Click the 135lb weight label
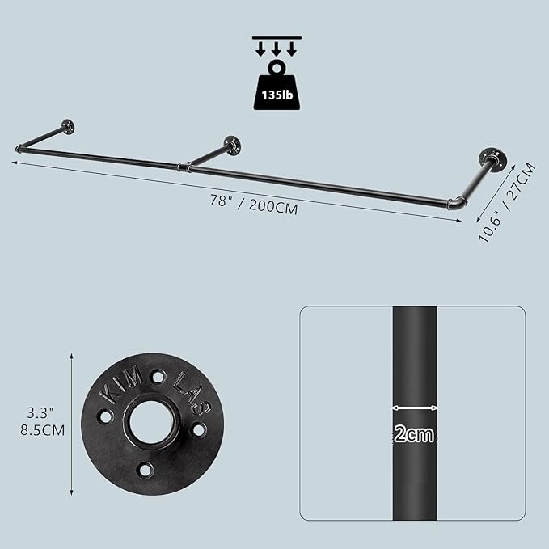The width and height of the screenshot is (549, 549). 277,95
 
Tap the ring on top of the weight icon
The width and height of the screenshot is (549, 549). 277,67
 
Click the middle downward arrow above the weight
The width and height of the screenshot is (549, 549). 277,49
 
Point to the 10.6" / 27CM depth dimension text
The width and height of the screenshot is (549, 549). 507,202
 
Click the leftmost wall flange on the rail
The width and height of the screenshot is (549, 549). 68,127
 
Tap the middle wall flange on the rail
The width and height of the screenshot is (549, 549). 233,146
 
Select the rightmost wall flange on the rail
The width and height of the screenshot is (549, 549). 494,158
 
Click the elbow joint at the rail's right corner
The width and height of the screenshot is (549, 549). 457,203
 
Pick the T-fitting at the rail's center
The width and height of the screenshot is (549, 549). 183,167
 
